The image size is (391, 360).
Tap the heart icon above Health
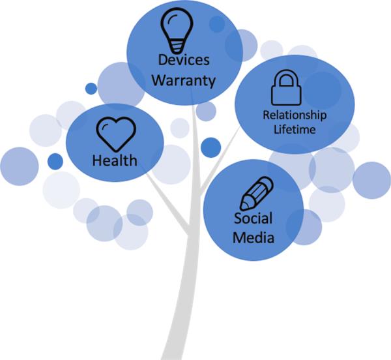pos(115,133)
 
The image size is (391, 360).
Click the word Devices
pos(183,61)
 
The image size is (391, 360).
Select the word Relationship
pos(295,115)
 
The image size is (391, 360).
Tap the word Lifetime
pos(295,129)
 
